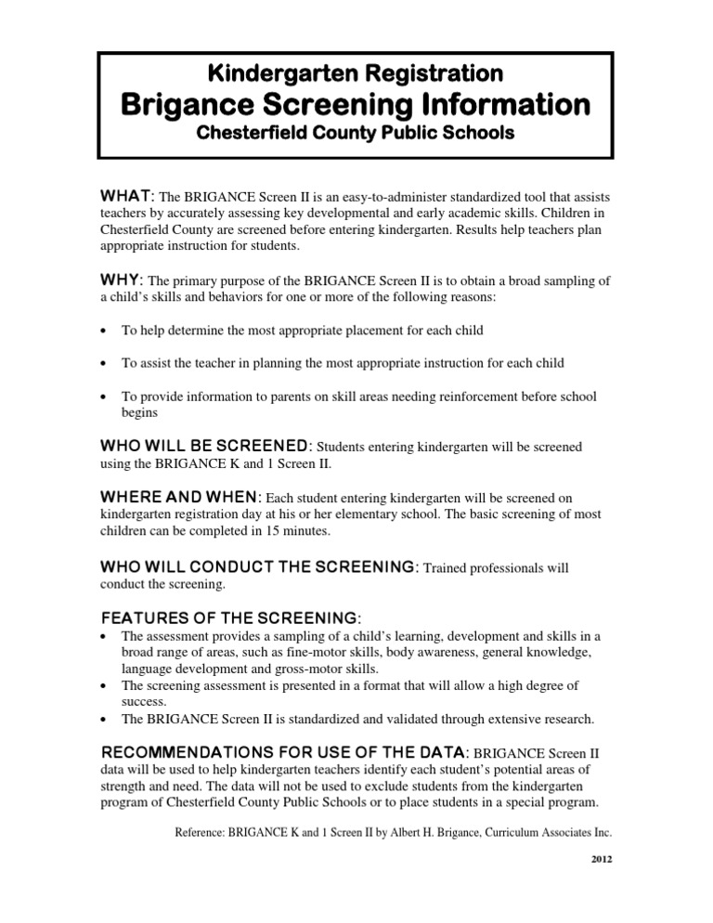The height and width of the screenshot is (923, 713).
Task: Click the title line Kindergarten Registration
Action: pos(356,71)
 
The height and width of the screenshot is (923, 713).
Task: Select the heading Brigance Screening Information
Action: pos(356,103)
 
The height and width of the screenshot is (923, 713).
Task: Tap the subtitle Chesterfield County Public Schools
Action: pos(356,133)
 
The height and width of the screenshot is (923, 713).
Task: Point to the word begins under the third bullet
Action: pos(140,413)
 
